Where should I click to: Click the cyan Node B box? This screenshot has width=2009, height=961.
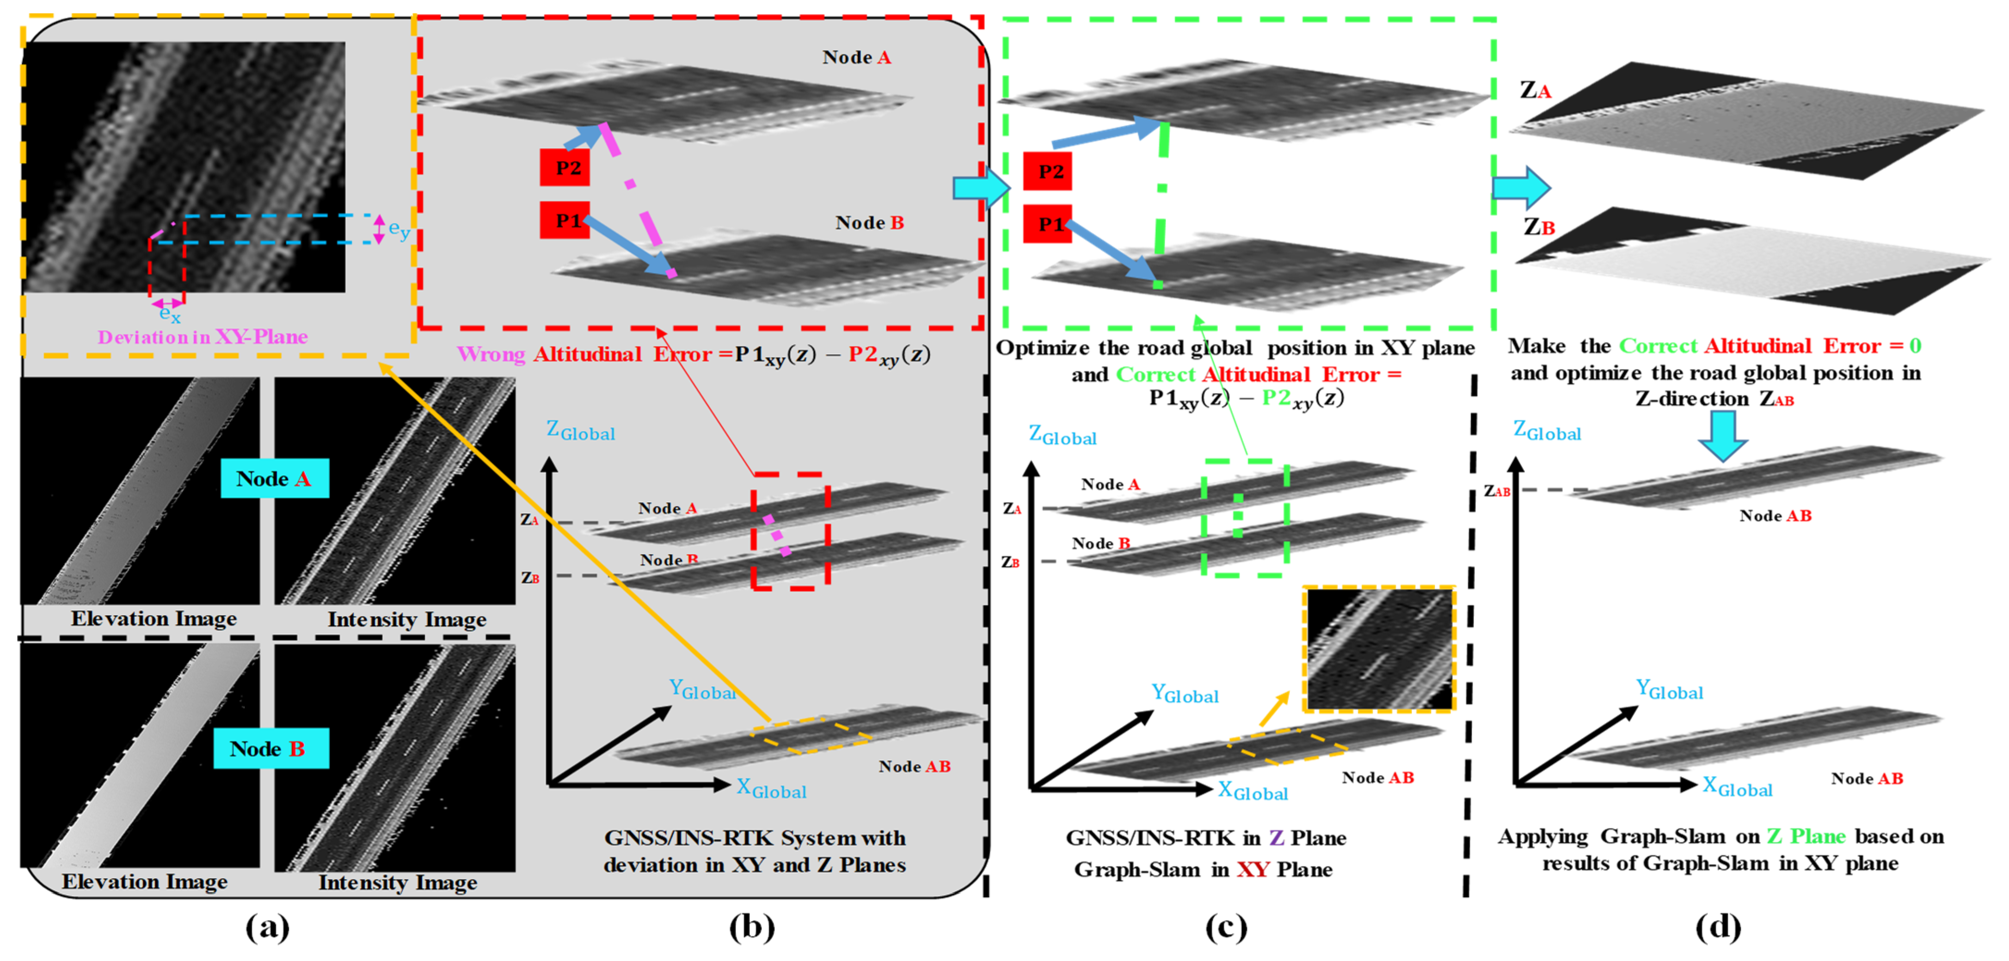point(270,749)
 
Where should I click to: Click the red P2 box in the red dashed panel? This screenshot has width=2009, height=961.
point(565,168)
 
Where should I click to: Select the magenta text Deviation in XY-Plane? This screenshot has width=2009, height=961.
point(203,337)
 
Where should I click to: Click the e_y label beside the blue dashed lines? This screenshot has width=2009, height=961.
point(399,229)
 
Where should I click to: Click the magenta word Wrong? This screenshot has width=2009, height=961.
point(491,354)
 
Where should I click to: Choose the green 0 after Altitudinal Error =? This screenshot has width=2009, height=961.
point(1915,345)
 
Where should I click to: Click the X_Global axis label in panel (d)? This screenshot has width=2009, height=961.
point(1737,787)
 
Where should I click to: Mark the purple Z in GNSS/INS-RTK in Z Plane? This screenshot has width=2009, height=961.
point(1276,838)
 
